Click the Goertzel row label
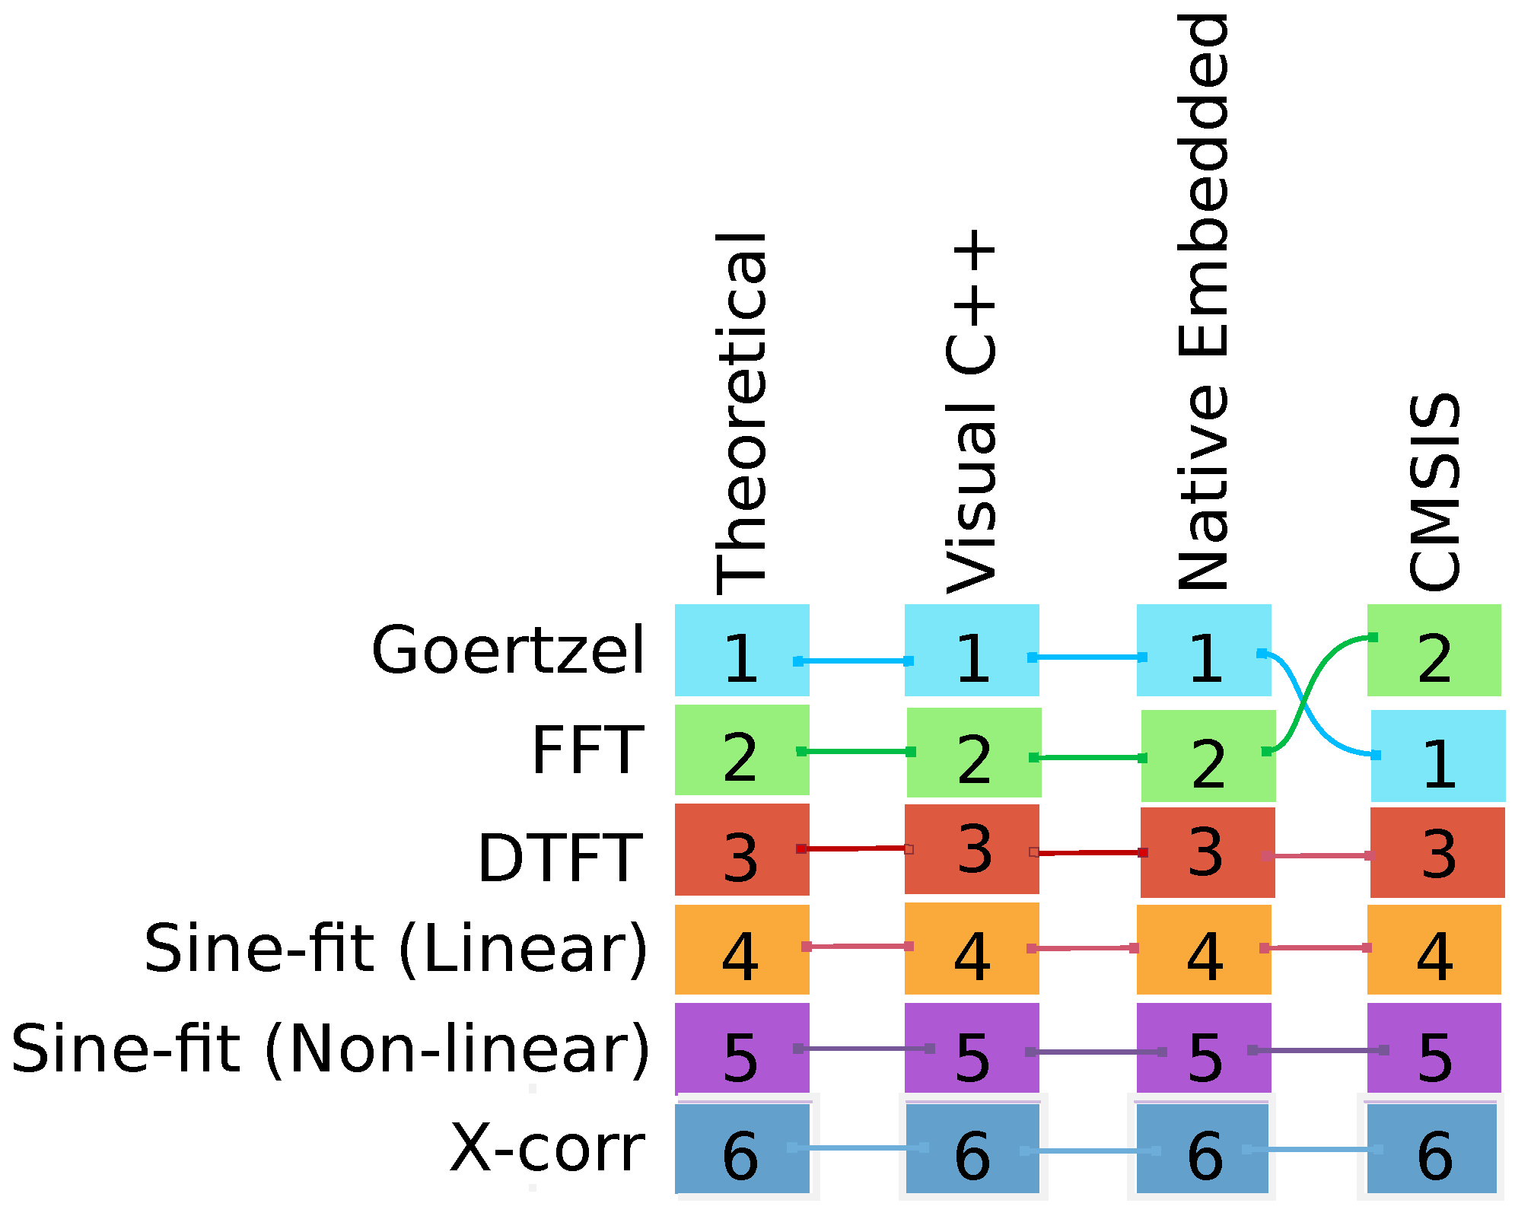point(508,651)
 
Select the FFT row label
point(587,751)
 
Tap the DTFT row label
point(560,858)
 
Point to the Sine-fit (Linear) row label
point(396,950)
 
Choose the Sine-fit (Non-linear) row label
point(330,1051)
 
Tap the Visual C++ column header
point(971,411)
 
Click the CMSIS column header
point(1435,492)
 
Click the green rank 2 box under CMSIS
point(1434,651)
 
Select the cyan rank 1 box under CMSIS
point(1438,756)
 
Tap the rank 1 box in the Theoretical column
point(742,651)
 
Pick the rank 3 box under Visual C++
point(972,849)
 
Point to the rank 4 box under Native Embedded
point(1204,949)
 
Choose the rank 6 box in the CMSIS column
point(1432,1149)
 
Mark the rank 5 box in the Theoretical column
point(742,1049)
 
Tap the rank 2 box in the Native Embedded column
point(1208,756)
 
